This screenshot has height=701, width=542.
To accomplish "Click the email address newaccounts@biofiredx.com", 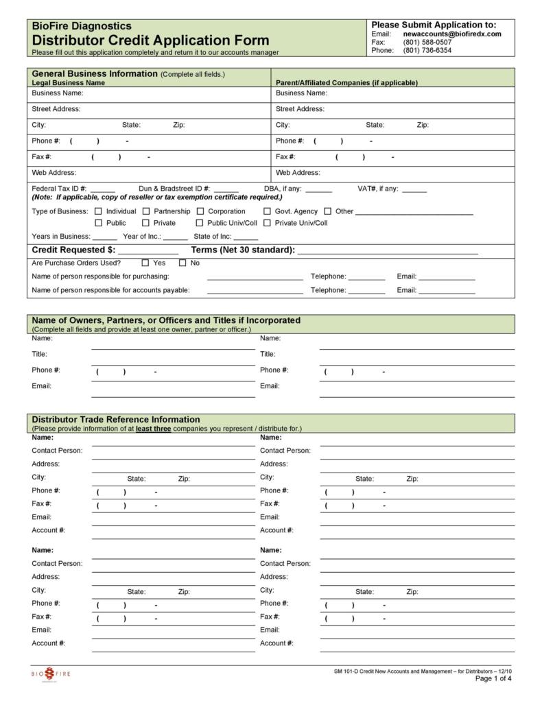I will coord(451,34).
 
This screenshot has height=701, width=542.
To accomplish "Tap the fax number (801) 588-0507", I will coord(427,42).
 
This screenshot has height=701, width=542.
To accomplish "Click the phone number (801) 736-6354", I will coord(427,50).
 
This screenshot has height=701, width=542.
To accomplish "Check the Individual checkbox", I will coord(98,211).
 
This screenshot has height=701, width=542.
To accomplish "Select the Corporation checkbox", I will coord(200,211).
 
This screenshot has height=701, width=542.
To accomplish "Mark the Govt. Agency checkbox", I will coord(268,211).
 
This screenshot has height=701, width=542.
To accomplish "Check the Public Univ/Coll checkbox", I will coord(200,223).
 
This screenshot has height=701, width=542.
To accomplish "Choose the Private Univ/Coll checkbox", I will coord(268,223).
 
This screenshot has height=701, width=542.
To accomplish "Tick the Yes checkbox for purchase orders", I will coord(145,263).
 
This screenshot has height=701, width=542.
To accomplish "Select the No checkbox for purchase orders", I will coord(182,263).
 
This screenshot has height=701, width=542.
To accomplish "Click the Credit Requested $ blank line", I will coord(148,251).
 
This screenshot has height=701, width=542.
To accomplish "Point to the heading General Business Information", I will coord(95,73).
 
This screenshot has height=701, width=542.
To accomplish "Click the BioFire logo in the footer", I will coord(50,674).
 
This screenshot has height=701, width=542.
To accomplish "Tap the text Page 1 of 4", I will coord(493,679).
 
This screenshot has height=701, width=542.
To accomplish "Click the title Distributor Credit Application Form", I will coord(150,40).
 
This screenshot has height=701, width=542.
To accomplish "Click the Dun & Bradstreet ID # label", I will coord(174,189).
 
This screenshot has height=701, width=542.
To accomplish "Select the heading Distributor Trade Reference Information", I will coord(116,419).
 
